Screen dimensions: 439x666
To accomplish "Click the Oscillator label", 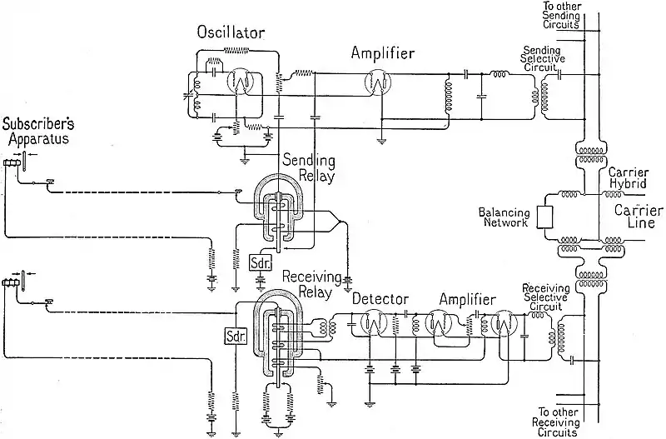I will (230, 32).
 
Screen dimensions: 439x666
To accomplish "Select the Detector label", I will (380, 297).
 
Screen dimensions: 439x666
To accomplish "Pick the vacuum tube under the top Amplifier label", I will (381, 81).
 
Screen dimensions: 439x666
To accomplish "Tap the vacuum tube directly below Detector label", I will (372, 325).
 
